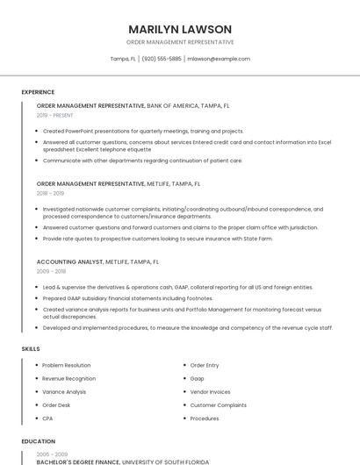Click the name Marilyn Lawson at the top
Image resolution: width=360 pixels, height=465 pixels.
[180, 29]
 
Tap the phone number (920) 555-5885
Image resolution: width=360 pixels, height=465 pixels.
[162, 59]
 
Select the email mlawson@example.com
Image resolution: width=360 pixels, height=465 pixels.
[220, 59]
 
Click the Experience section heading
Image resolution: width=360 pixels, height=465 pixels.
[38, 91]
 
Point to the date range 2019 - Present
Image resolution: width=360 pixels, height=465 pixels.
[54, 115]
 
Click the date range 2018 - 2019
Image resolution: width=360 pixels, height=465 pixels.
[50, 193]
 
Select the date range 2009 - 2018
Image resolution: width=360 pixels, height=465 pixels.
[50, 271]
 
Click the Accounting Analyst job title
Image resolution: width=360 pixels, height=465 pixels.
[70, 261]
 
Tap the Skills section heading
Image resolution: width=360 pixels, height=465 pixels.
[31, 349]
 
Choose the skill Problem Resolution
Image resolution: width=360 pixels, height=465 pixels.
[66, 365]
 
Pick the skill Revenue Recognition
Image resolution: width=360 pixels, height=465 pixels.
[68, 378]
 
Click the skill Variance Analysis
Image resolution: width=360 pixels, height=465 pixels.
[64, 391]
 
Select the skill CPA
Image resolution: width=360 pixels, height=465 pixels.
[48, 418]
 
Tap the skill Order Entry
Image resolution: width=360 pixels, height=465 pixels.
[205, 365]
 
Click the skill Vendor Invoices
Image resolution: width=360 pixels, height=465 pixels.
[210, 391]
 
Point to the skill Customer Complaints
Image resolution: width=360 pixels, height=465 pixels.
[218, 405]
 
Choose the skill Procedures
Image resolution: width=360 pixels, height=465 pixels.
[205, 418]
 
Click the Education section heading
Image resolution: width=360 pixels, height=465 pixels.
[38, 441]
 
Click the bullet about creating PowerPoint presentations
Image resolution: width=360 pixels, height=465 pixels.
[143, 131]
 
